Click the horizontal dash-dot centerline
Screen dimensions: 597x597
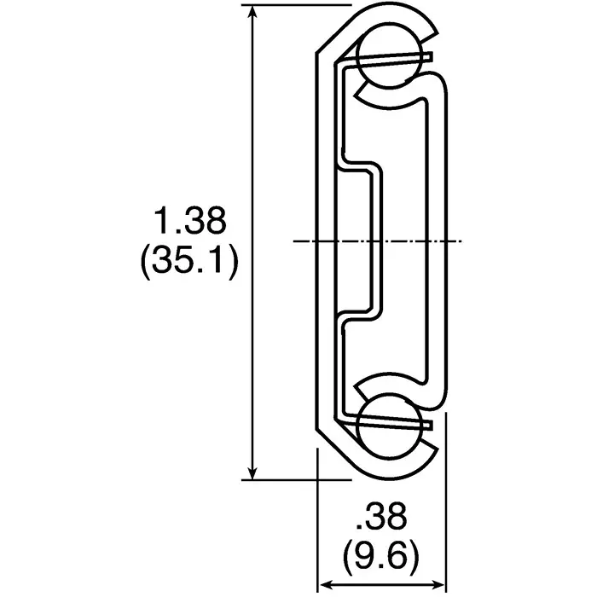tap(375, 241)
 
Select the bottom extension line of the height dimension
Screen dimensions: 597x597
tap(281, 479)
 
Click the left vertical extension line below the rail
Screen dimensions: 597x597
tap(317, 529)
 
